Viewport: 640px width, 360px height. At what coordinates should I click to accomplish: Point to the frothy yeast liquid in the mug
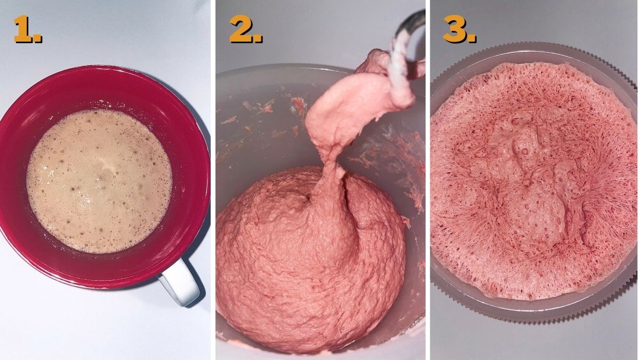[x=99, y=181]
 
